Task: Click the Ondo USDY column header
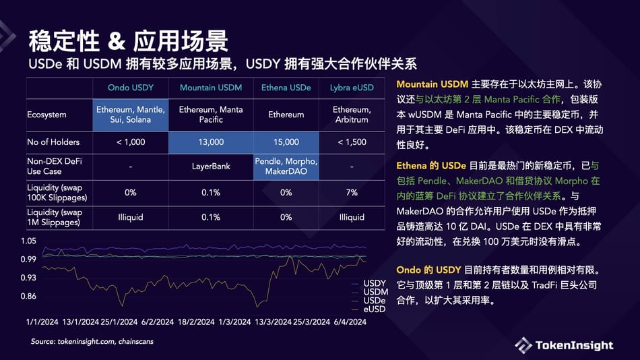coord(131,88)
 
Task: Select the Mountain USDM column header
coord(211,88)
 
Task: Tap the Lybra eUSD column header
coord(352,88)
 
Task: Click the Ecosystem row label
coord(46,115)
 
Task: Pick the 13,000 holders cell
coord(211,142)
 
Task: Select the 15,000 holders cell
coord(286,142)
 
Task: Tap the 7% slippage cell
coord(352,193)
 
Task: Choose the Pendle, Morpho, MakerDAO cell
coord(286,167)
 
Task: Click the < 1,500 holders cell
coord(352,142)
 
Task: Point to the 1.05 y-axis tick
coord(28,241)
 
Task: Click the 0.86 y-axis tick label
coord(28,296)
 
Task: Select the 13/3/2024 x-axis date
coord(273,322)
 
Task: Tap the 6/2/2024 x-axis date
coord(156,322)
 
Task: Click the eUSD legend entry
coord(375,309)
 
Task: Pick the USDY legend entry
coord(375,283)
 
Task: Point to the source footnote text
coord(92,342)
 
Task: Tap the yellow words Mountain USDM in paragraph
coord(433,84)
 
